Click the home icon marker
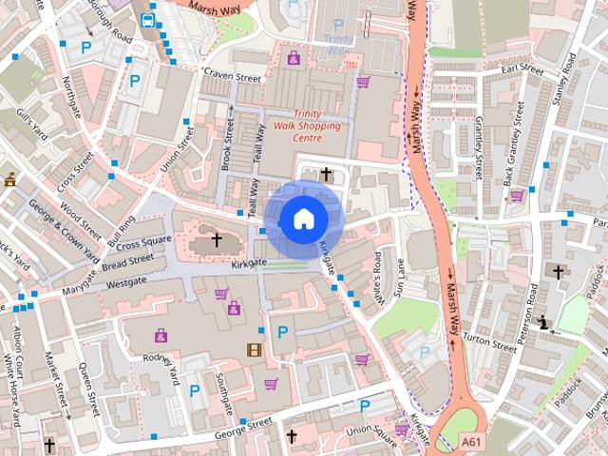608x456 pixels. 302,219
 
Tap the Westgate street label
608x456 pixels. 126,282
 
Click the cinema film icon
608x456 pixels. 253,349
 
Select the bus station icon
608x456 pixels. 148,19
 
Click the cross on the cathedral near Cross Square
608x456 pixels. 217,240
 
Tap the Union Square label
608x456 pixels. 371,429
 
